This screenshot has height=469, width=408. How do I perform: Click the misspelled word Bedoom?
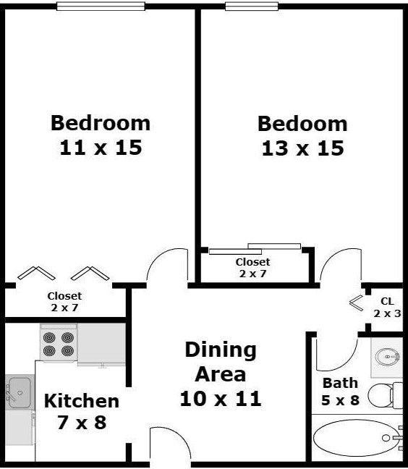pos(302,123)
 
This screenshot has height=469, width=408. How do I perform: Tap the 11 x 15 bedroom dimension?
pos(100,148)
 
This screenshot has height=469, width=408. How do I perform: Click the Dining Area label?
pos(221,362)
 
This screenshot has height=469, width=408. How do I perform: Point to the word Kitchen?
pos(81,400)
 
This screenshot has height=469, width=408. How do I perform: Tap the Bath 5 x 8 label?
pos(340,391)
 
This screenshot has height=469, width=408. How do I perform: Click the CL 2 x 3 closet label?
pos(387,308)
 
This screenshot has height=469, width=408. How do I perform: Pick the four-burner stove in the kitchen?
pos(59,343)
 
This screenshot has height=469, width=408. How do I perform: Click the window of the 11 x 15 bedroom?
pos(101,7)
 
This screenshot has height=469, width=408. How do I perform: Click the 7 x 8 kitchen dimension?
pos(81,422)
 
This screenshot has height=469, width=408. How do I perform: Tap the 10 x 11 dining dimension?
pos(221,398)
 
